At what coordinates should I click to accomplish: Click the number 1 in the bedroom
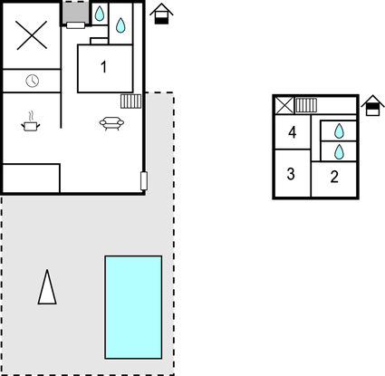pos(103,67)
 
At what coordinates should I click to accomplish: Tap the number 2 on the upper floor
pos(334,177)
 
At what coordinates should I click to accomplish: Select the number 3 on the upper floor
pos(291,174)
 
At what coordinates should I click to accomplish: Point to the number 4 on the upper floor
pos(292,132)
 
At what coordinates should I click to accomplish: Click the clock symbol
pos(33,81)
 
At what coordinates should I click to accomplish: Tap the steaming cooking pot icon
pos(31,121)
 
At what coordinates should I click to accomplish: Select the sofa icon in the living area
pos(111,123)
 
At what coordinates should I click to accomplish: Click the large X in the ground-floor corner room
pos(32,35)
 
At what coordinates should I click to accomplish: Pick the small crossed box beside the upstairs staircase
pos(284,105)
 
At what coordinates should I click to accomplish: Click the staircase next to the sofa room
pos(130,101)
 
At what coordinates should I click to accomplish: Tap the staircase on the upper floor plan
pos(306,105)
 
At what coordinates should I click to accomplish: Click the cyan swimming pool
pos(133,307)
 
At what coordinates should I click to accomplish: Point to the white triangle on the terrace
pos(47,287)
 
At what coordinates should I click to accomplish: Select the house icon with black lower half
pos(161,14)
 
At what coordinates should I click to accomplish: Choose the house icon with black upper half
pos(372,105)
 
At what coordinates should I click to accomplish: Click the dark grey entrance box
pos(75,13)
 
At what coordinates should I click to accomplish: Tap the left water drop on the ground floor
pos(100,14)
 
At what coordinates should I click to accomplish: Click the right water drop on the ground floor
pos(120,25)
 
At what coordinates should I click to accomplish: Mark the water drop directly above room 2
pos(339,152)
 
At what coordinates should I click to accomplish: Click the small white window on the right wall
pos(144,181)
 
